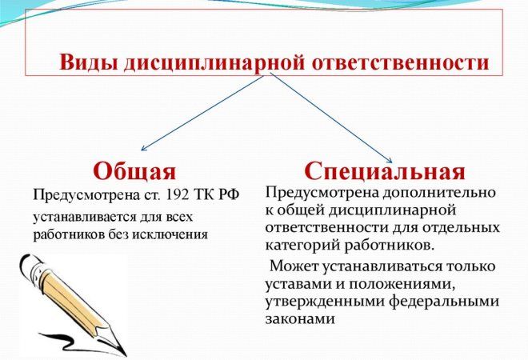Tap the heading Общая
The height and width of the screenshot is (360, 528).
[134, 170]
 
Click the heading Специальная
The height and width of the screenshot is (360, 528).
[385, 170]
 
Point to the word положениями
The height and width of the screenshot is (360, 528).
[387, 284]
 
